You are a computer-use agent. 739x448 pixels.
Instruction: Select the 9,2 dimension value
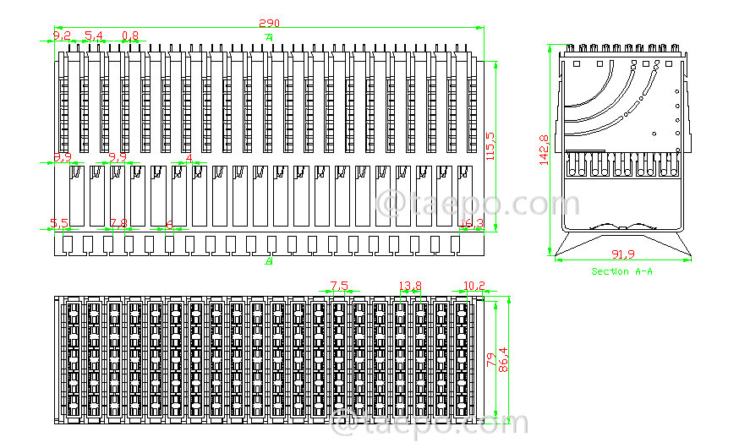pos(62,36)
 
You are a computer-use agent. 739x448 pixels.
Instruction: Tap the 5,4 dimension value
pos(94,36)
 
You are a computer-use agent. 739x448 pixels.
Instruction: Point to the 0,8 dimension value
pos(130,36)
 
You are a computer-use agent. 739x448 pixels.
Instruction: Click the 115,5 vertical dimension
pos(490,145)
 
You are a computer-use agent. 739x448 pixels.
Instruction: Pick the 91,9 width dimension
pos(623,254)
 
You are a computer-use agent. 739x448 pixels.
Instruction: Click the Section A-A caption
pos(621,271)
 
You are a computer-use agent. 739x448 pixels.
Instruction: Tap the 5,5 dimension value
pos(58,224)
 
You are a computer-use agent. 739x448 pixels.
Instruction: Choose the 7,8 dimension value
pos(118,224)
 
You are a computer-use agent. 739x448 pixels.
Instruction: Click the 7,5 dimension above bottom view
pos(339,286)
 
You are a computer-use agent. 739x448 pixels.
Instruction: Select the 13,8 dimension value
pos(409,286)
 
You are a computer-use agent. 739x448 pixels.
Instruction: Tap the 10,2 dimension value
pos(475,286)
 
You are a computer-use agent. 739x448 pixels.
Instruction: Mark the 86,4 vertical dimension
pos(504,359)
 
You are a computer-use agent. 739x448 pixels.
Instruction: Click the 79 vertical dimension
pos(490,359)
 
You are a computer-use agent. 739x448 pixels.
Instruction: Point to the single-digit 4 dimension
pos(189,158)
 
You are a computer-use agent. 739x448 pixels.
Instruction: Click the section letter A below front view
pos(269,262)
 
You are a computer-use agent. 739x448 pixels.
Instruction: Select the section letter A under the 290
pos(269,38)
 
